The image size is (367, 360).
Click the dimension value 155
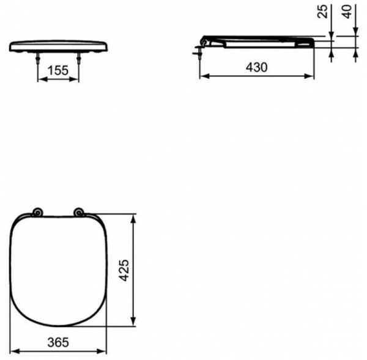point(59,70)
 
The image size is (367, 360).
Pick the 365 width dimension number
point(60,343)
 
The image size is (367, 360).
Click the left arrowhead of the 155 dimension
point(42,79)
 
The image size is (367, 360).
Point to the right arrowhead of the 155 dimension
point(76,79)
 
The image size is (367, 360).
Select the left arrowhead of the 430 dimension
point(204,76)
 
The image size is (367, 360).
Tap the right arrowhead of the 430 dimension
point(312,76)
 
